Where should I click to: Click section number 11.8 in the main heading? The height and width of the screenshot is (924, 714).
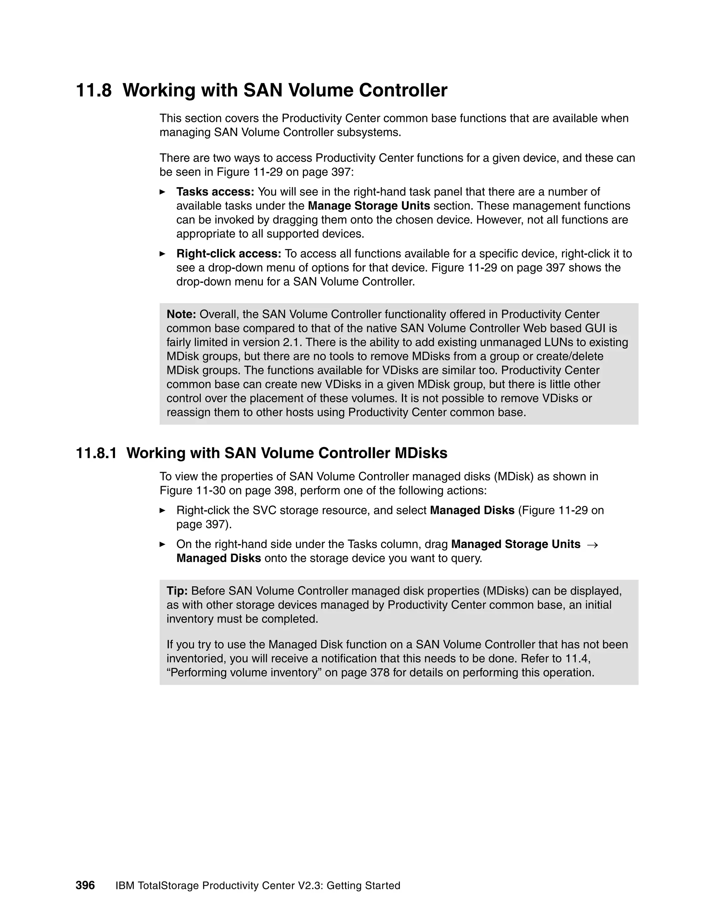click(x=93, y=91)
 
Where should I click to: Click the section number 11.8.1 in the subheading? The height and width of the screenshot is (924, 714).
click(x=96, y=453)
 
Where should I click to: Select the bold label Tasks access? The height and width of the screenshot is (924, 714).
click(x=215, y=192)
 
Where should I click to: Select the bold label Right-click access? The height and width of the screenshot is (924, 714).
click(x=228, y=254)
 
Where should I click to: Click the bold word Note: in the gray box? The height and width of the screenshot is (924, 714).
click(x=181, y=315)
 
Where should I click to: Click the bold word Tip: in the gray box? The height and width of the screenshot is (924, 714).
click(x=177, y=591)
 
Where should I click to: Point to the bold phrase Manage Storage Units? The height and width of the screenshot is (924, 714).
click(x=369, y=206)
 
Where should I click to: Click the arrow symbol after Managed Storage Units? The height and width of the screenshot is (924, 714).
click(x=593, y=545)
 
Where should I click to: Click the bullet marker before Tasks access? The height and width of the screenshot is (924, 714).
click(x=162, y=192)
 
